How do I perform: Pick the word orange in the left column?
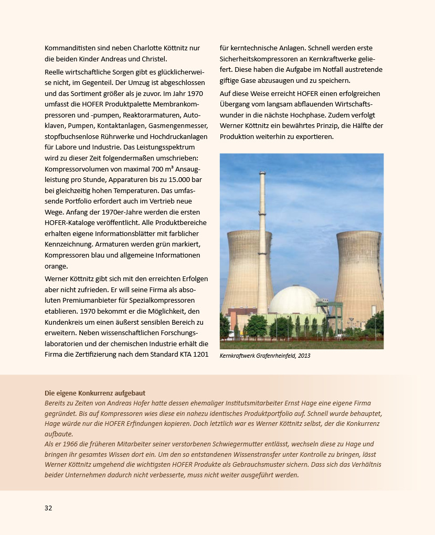pos(56,266)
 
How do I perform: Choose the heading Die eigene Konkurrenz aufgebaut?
pos(95,393)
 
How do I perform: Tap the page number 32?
pos(48,508)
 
